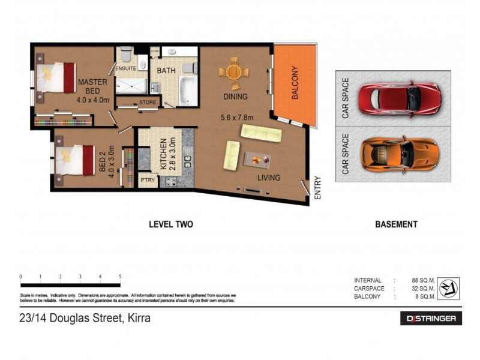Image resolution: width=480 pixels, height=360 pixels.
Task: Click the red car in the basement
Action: coord(399,98)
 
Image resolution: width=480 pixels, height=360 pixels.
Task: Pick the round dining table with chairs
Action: coord(233,73)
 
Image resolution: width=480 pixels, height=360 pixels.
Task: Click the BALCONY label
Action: coord(295,82)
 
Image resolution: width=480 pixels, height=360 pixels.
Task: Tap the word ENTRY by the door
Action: coord(318,188)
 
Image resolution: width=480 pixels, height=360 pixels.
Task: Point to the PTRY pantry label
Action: coord(147,179)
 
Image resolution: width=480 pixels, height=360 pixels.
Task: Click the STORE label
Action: coord(148,103)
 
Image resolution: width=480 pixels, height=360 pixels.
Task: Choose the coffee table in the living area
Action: coord(257,160)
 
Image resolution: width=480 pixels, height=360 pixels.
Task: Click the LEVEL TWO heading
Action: coord(171,224)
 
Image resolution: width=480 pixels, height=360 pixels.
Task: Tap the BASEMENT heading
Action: coord(396,224)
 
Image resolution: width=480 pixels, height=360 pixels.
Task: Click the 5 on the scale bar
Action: coord(121,277)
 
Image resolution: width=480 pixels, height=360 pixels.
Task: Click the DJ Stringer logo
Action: coord(431,319)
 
